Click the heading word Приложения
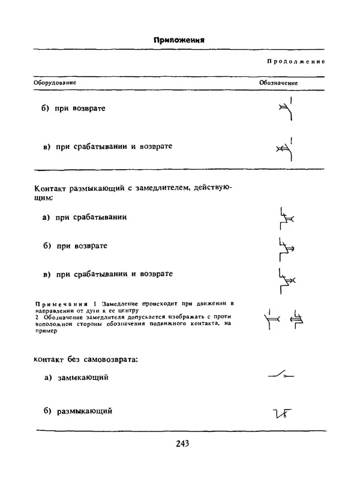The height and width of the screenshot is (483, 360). click(179, 40)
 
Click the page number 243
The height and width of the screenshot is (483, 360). click(183, 444)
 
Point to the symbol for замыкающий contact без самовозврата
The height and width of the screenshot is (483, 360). click(280, 376)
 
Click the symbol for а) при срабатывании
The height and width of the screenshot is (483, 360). click(286, 219)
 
